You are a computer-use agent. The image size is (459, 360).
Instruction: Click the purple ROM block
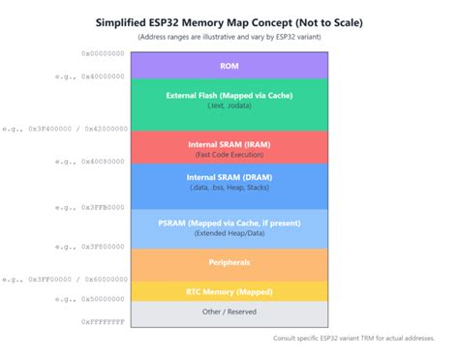point(229,66)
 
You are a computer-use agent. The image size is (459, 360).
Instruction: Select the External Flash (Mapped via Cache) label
point(229,95)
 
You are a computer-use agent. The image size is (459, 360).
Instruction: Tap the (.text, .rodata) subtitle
point(229,106)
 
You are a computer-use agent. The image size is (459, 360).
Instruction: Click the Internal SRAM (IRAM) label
point(229,144)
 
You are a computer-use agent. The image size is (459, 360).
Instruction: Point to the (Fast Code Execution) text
point(229,155)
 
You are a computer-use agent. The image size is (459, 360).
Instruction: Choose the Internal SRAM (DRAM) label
point(229,177)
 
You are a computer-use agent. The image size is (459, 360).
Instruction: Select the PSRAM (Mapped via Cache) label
point(229,223)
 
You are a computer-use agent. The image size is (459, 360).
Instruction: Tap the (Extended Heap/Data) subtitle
point(229,233)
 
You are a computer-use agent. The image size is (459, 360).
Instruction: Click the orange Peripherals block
point(229,262)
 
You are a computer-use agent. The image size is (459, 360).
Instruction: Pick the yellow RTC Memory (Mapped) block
point(229,289)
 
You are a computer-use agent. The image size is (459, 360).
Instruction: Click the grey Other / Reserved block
point(229,313)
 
